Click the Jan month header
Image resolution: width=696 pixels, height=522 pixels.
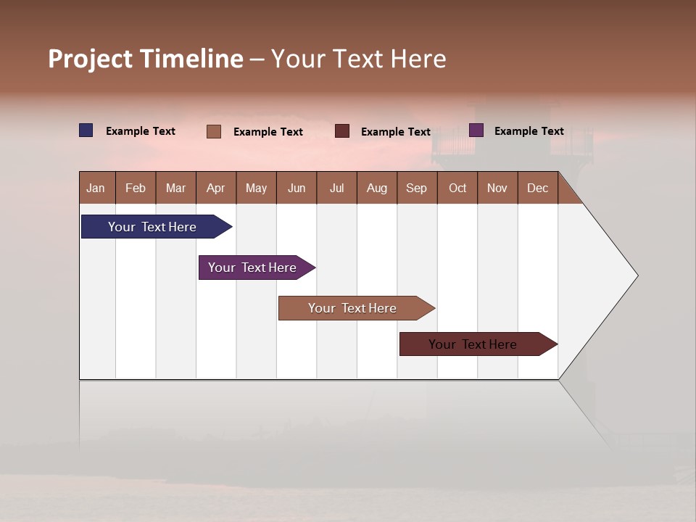coord(96,188)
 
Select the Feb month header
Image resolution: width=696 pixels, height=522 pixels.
coord(136,188)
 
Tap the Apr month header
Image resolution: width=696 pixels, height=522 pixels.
coord(216,188)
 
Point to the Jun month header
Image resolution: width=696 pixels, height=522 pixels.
coord(297,188)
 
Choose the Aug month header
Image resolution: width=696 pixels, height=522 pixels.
coord(377,188)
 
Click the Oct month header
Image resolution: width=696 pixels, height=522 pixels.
coord(457,188)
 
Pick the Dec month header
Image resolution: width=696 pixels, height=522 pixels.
coord(538,188)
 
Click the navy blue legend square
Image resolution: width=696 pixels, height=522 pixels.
coord(86,130)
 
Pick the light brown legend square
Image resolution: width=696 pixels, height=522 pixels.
coord(214,131)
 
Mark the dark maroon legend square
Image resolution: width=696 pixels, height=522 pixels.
coord(342,131)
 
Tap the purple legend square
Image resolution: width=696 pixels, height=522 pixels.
coord(476,130)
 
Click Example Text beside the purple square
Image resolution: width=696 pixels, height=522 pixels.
coord(529,131)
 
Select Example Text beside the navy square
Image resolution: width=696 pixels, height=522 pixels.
coord(141,131)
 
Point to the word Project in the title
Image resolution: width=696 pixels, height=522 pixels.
coord(91,59)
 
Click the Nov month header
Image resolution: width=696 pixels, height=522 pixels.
coord(497,188)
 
